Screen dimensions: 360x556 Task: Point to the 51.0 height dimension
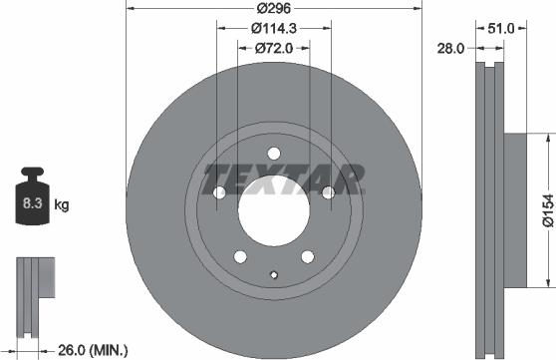tap(501, 30)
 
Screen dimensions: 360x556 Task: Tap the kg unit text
tap(62, 205)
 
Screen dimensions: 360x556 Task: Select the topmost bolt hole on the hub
tap(274, 152)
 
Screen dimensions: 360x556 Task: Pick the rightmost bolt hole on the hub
tap(328, 192)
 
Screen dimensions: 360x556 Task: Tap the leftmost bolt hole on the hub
tap(218, 192)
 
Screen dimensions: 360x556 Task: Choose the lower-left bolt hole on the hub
tap(239, 257)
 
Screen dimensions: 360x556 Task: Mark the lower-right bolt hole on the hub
tap(307, 257)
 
